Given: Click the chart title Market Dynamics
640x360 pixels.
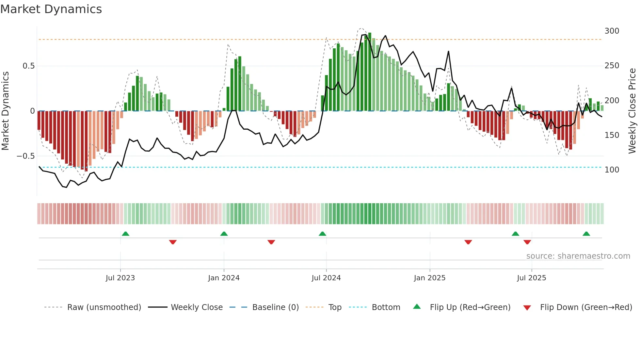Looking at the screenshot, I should [51, 9].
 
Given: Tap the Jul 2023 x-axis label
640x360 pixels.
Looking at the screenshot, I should [120, 278].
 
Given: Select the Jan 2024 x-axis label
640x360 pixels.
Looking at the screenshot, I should [224, 278].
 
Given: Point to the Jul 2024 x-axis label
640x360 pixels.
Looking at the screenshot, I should [326, 278].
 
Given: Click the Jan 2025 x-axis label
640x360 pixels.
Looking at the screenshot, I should [429, 278].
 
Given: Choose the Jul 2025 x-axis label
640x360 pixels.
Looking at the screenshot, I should [531, 278].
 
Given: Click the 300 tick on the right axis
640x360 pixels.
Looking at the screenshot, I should [612, 31].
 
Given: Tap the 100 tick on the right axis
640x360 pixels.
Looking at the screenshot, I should [612, 170].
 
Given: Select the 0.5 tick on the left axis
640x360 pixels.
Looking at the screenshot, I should [28, 66].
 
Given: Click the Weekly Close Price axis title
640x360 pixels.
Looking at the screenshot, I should [632, 111].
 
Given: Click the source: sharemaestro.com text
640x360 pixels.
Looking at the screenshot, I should [578, 256].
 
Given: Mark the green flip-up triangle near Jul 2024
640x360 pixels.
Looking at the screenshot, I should [322, 234].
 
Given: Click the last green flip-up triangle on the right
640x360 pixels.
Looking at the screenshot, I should [586, 234].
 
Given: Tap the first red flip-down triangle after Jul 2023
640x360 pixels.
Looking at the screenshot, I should [173, 242].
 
